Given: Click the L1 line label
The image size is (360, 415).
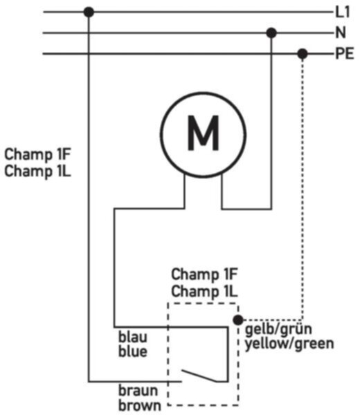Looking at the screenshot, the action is pos(343,12).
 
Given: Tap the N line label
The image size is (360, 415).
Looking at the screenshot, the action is pos(341,33).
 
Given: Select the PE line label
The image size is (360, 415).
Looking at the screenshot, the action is pos(345,54).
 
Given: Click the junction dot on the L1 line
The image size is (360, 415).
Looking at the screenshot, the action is pos(89,12).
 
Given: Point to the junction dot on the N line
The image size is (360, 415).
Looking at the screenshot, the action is pos(271,33).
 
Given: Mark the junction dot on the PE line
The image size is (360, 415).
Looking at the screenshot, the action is pos(303,54).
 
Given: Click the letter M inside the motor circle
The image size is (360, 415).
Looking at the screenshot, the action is pos(203,133).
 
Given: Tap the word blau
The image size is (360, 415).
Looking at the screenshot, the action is pos(132,338).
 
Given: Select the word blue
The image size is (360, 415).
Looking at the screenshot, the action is pos(133,352).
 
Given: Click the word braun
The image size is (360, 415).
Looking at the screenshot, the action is pos(138,391).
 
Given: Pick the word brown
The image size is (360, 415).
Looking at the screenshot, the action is pos(140,405).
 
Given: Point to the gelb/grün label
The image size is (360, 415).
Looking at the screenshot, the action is pos(278,330).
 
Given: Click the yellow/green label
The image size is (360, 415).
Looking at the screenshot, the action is pos(289,344).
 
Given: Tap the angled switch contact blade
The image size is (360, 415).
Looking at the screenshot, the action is pos(199,376).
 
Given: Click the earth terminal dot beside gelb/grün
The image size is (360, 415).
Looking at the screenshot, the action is pos(238,320).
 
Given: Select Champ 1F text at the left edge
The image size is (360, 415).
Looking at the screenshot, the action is pos(37,154).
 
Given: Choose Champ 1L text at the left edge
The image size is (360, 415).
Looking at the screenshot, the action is pos(37,171).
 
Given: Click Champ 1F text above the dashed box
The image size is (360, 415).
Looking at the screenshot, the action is pos(204,274).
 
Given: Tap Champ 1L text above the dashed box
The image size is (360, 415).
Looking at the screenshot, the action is pos(204,291).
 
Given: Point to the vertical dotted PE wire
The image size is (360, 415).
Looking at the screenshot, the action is pos(303,187).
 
